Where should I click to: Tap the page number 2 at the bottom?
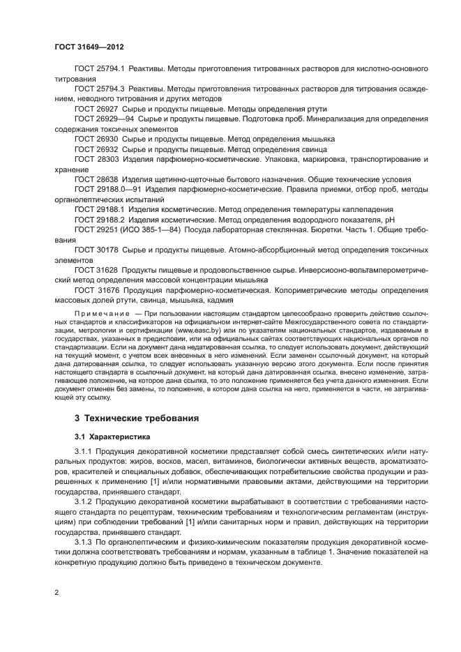56,591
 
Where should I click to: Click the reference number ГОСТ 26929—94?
102,119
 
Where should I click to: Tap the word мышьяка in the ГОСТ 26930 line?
317,139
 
